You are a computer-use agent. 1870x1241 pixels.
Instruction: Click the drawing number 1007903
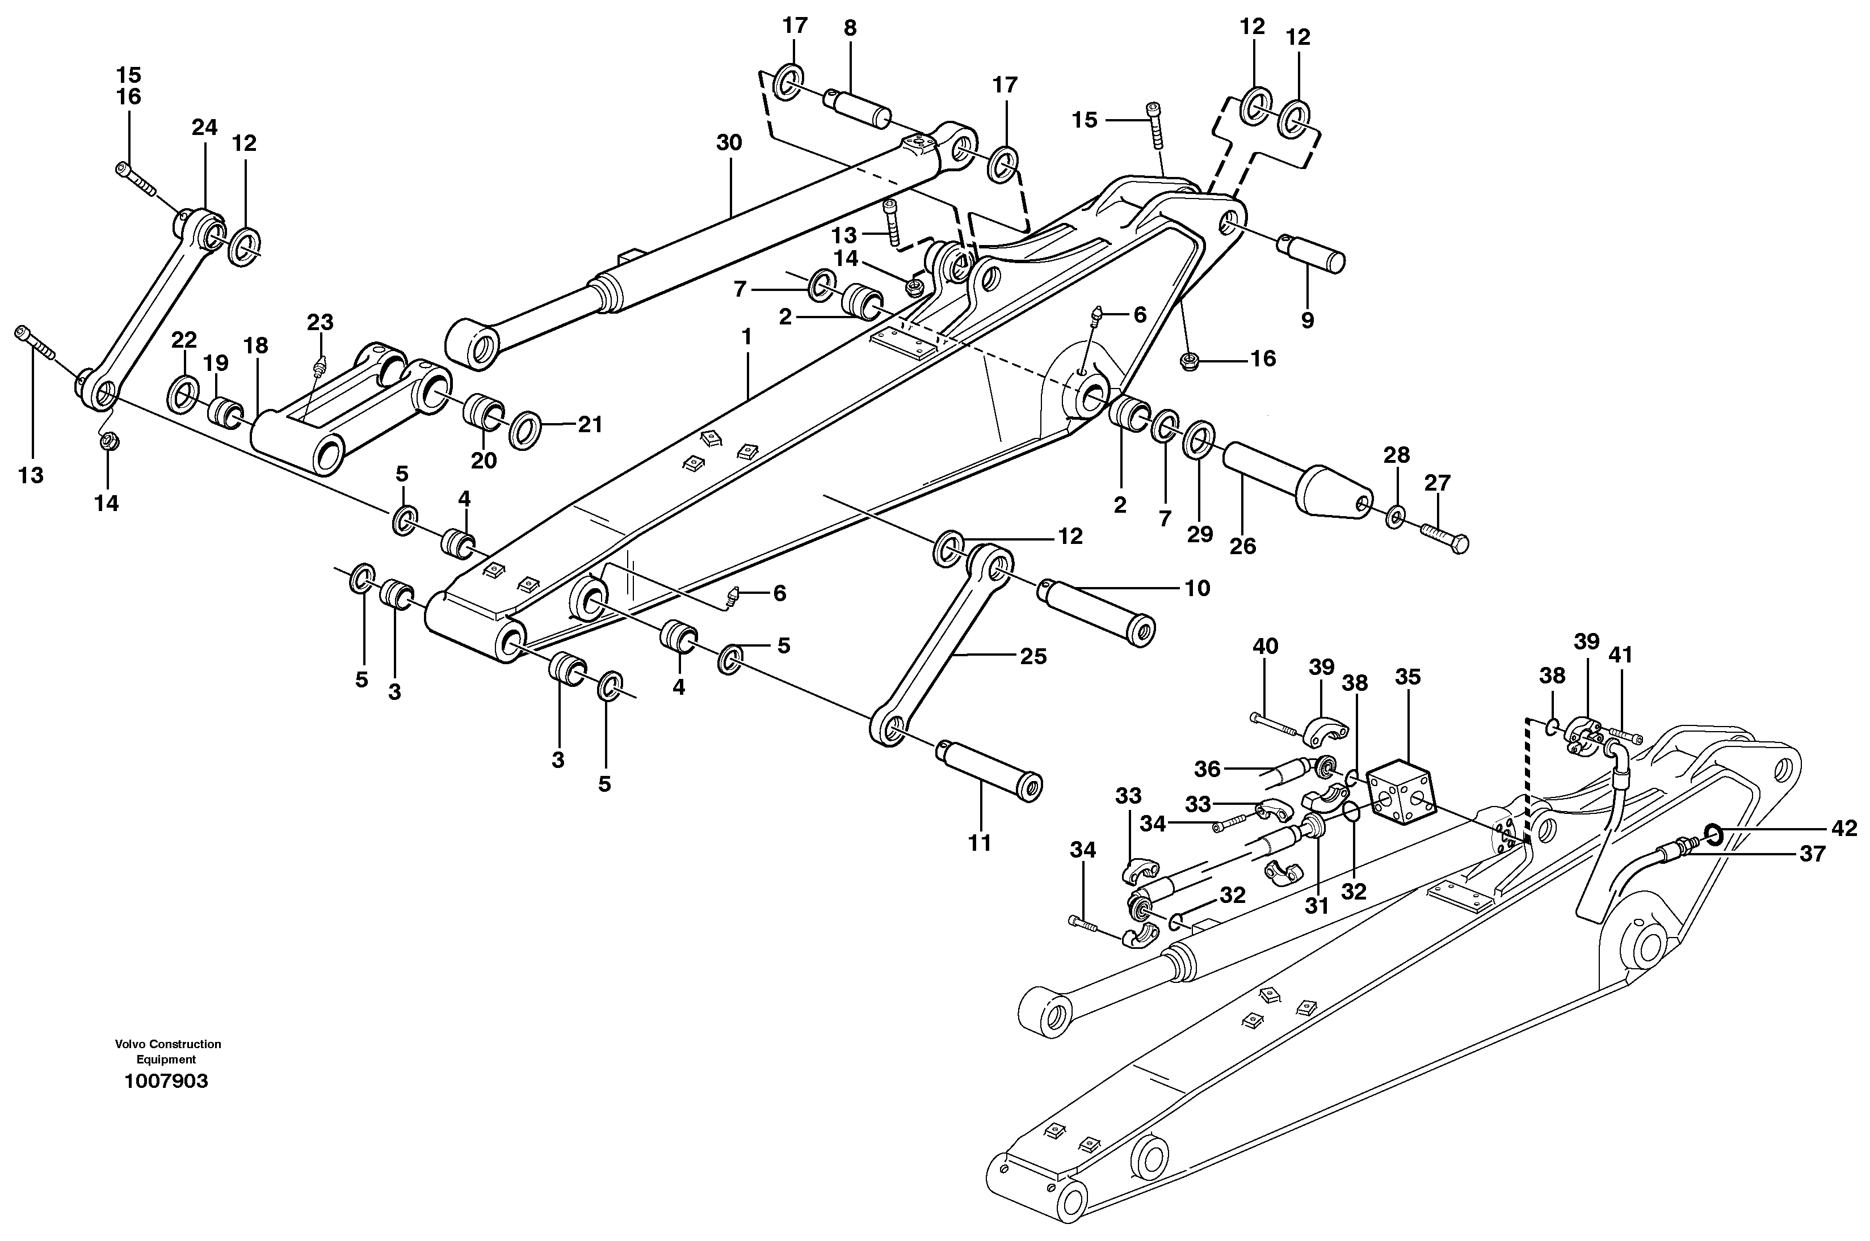(166, 1081)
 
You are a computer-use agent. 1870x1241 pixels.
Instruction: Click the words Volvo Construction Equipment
(168, 1051)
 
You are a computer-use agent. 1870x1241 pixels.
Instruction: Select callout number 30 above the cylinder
(729, 143)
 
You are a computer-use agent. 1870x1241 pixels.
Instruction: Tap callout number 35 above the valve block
(1407, 677)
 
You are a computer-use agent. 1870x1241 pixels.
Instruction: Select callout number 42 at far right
(1844, 828)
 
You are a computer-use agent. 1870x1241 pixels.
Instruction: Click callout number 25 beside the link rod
(1033, 656)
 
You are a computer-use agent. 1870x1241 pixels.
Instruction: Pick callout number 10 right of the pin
(1197, 588)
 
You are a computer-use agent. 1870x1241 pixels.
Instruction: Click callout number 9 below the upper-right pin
(1307, 320)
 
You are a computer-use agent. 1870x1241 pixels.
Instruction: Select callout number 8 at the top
(850, 28)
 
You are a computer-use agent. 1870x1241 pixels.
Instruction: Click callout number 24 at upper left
(204, 128)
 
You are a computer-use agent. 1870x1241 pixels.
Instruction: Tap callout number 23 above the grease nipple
(321, 322)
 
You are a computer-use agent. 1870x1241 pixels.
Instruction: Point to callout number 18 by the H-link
(256, 346)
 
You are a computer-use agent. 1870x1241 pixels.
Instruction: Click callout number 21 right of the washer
(590, 424)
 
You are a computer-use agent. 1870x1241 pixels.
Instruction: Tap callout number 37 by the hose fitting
(1812, 854)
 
